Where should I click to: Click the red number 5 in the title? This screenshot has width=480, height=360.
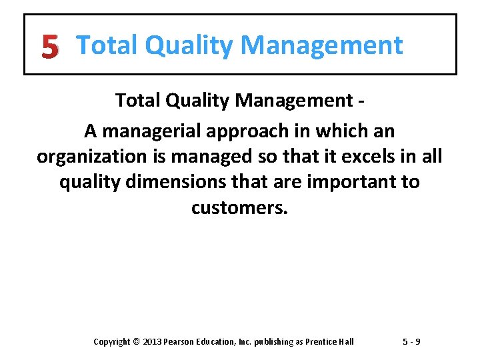[49, 47]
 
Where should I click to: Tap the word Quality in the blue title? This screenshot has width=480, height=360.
[189, 46]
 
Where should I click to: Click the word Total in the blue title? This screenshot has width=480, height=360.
[107, 46]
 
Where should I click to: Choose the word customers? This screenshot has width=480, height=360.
[239, 207]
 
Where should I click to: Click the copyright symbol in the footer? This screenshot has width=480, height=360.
[137, 342]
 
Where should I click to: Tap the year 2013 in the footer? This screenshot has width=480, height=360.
[151, 342]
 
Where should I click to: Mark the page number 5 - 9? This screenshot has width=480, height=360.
[411, 342]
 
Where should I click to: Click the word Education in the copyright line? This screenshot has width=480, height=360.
[217, 342]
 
